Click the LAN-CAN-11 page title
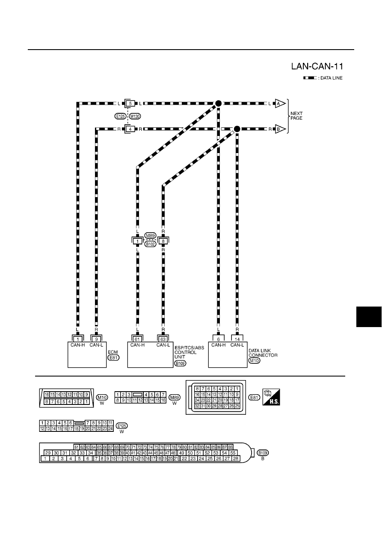tap(317, 66)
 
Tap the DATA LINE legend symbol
tap(310, 78)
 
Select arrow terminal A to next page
tap(281, 103)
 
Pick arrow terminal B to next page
tap(281, 129)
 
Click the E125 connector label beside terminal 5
tap(120, 116)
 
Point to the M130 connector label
tap(135, 116)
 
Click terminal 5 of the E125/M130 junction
tap(130, 103)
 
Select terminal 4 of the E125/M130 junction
tap(130, 129)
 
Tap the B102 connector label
tap(150, 244)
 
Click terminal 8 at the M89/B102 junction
tap(163, 241)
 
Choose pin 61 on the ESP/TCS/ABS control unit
tap(137, 339)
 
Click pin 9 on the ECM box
tap(96, 339)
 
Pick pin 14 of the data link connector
tap(237, 339)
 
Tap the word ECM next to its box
tap(113, 352)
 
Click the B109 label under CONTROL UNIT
tap(180, 363)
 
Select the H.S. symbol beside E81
tap(271, 397)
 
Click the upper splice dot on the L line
tap(218, 103)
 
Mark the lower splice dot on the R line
tap(237, 129)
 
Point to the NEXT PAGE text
tap(296, 116)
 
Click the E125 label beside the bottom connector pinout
tap(122, 426)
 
